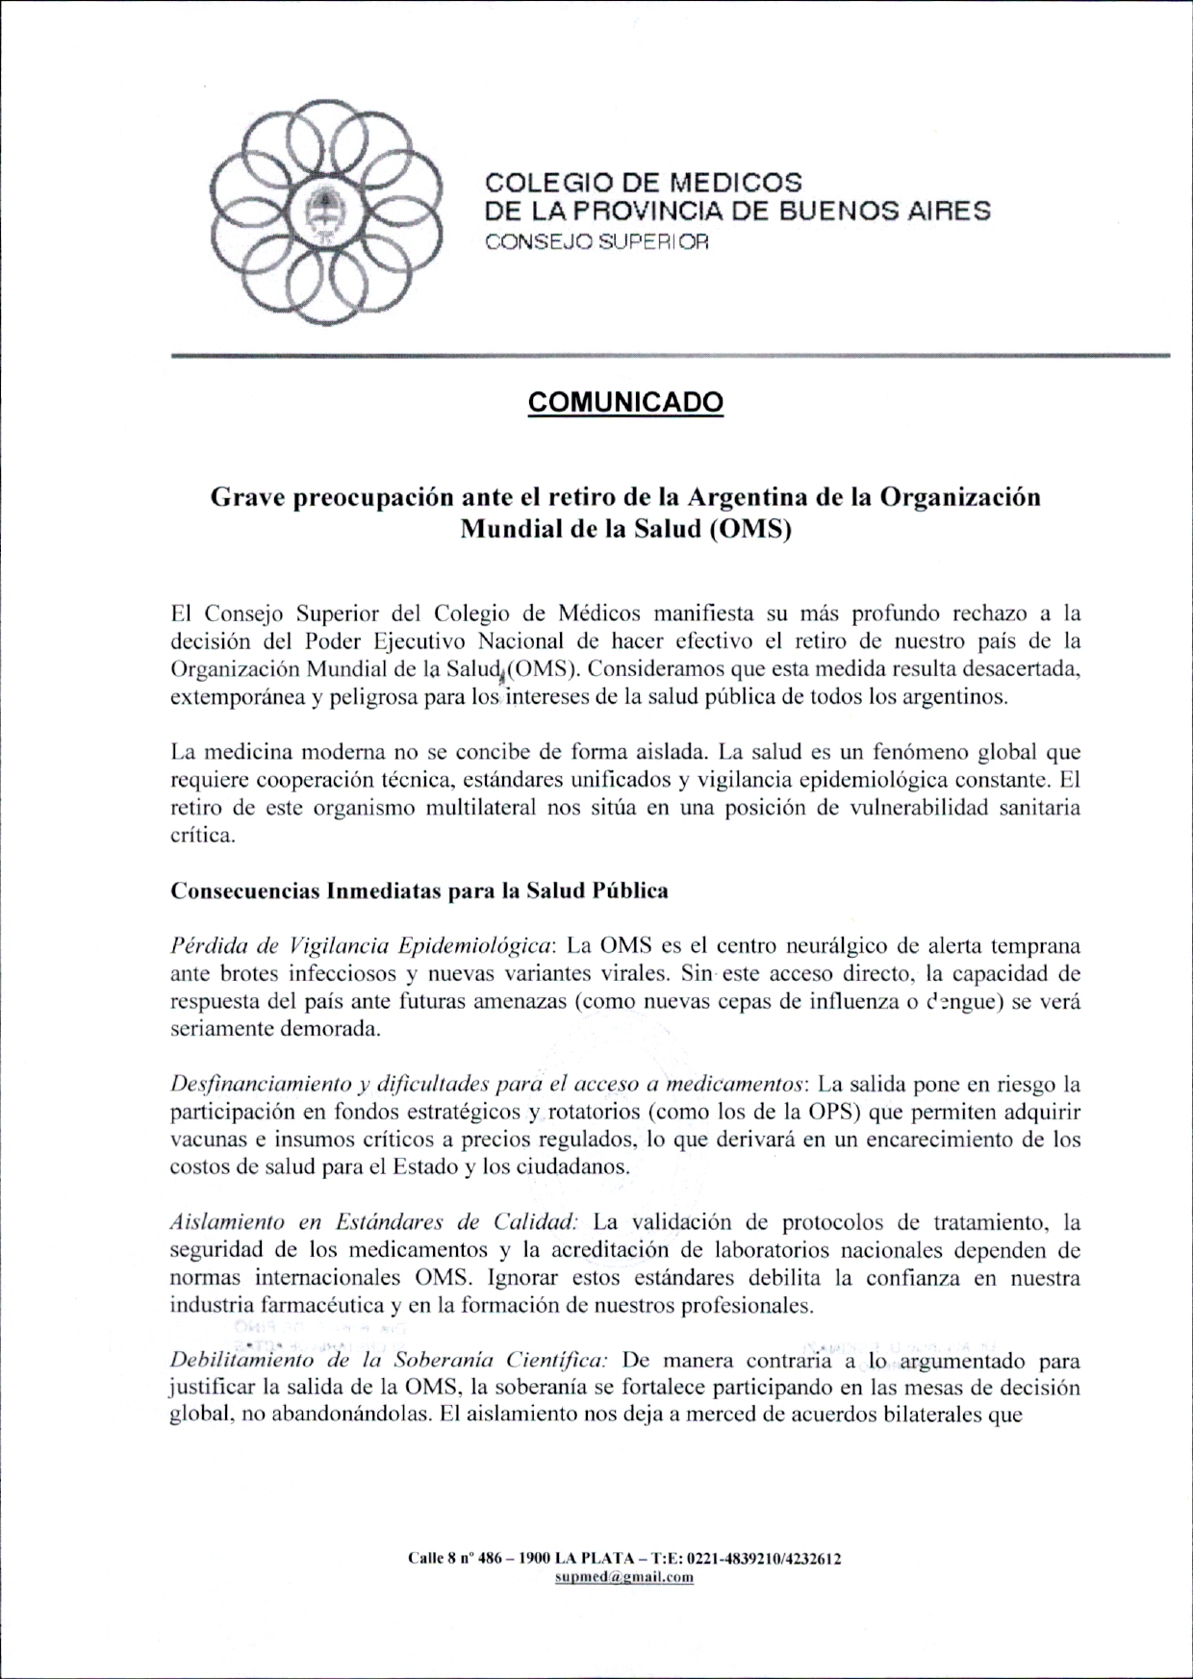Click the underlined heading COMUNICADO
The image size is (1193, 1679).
pos(625,402)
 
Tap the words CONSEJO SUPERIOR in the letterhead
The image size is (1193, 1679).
pos(597,243)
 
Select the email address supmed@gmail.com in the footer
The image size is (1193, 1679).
pos(625,1576)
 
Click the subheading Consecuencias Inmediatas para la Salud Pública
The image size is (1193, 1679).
pos(419,890)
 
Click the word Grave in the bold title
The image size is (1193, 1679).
pos(244,498)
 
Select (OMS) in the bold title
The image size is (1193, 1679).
pos(749,530)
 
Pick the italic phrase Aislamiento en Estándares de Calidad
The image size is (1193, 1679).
pos(373,1223)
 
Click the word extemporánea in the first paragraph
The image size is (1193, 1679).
pos(235,697)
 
